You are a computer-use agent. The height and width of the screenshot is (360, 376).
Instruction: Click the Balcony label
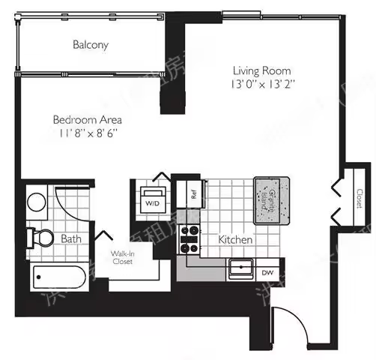91,45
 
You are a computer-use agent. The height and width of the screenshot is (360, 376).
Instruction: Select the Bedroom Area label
87,119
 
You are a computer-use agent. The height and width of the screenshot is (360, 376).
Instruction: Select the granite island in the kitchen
271,200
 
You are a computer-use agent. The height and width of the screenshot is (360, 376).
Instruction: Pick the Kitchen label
235,240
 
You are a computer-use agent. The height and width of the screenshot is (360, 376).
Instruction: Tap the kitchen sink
241,265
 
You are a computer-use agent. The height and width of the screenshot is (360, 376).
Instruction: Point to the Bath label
72,240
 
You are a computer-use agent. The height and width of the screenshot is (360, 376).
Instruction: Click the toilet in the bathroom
40,238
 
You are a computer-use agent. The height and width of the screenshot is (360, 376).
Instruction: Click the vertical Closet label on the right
360,198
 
